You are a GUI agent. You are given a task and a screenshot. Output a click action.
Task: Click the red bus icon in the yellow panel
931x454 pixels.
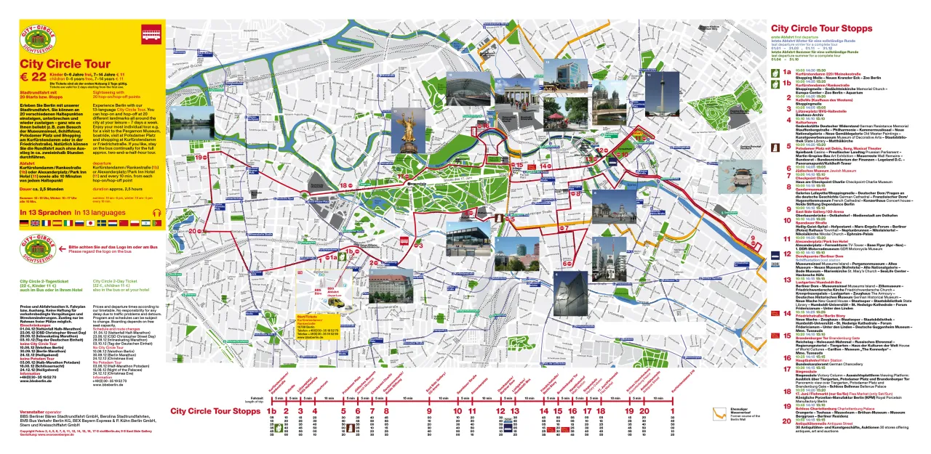(x=151, y=33)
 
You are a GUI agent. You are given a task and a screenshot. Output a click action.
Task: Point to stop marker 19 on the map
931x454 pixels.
(x=199, y=157)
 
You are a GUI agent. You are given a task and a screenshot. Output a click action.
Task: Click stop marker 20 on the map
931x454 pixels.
(x=193, y=231)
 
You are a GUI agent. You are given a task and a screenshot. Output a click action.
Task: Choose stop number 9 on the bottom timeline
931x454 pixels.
(x=429, y=411)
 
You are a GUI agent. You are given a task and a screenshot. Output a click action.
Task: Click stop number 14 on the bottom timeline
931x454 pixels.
(x=544, y=411)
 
